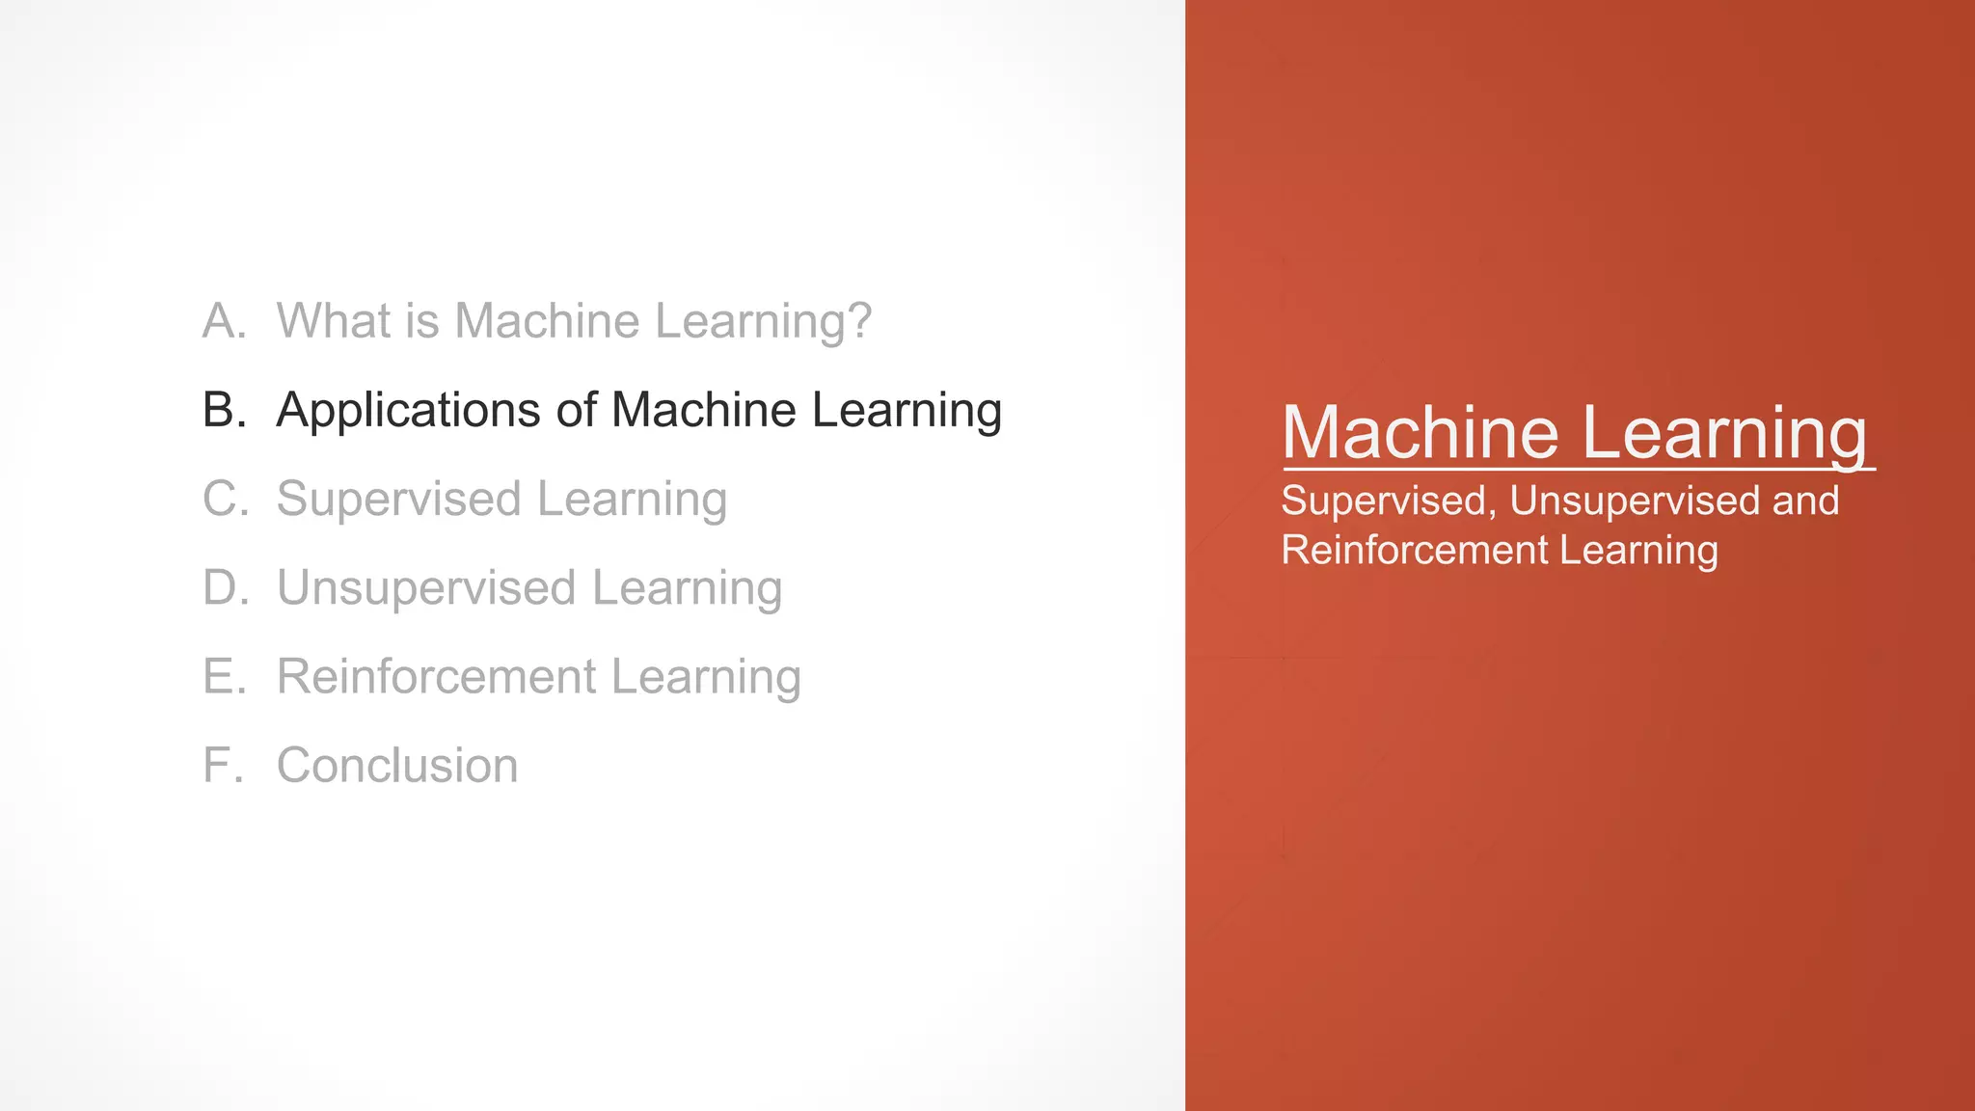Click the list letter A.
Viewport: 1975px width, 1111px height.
click(224, 321)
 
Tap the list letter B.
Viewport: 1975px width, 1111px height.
click(224, 410)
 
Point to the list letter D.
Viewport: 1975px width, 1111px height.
click(225, 587)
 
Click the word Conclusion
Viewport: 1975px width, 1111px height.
click(397, 765)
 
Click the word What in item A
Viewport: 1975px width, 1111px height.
click(333, 321)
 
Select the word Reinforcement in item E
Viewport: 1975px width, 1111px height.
click(436, 676)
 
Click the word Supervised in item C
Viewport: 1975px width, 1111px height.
click(398, 500)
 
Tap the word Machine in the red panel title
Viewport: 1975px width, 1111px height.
click(1420, 432)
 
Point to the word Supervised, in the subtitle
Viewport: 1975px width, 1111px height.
click(1389, 501)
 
